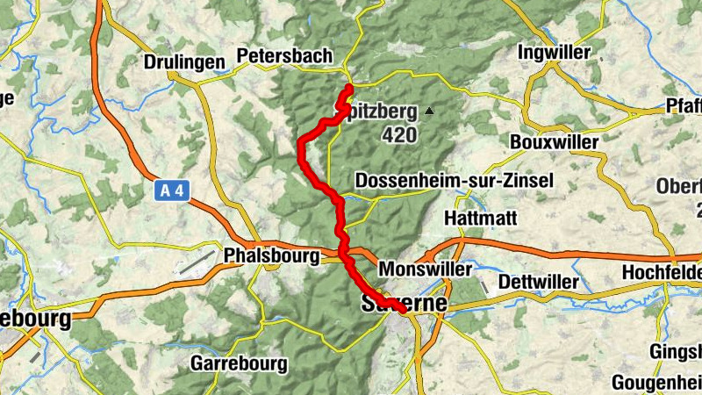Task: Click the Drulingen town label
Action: [x=184, y=63]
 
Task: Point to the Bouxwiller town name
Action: [x=554, y=142]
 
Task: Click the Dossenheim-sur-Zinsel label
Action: [x=454, y=181]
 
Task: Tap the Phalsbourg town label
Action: [x=269, y=256]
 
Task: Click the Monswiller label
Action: [x=425, y=269]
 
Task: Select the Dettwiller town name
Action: [x=538, y=282]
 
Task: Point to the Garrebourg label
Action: [x=239, y=363]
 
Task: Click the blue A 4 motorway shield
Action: [x=175, y=190]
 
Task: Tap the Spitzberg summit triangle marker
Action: [x=429, y=111]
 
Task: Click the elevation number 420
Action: [x=399, y=136]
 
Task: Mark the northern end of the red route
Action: [x=349, y=87]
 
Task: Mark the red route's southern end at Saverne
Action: [x=403, y=310]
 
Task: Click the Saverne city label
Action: [x=405, y=303]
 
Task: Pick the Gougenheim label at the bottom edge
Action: [x=655, y=383]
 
